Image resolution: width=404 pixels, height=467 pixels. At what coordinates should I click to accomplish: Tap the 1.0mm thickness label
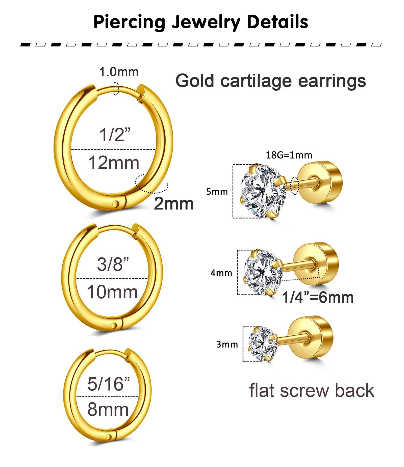tap(119, 72)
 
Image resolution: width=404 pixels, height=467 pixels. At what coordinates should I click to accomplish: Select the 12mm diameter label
tap(114, 163)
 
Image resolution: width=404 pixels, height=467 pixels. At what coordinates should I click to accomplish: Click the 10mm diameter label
tap(112, 292)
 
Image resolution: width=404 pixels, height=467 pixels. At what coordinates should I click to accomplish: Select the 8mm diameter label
tap(108, 409)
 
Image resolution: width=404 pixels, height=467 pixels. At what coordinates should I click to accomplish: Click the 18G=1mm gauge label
tap(289, 155)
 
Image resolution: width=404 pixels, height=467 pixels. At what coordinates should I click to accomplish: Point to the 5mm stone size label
tap(217, 192)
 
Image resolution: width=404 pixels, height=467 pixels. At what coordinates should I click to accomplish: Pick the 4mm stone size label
tap(221, 273)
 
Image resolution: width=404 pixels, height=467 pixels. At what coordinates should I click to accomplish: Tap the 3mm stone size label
tap(227, 344)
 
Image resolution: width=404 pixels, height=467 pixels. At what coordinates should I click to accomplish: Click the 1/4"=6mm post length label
tap(318, 297)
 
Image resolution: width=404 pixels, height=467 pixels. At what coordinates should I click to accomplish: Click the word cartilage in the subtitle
tap(257, 81)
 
